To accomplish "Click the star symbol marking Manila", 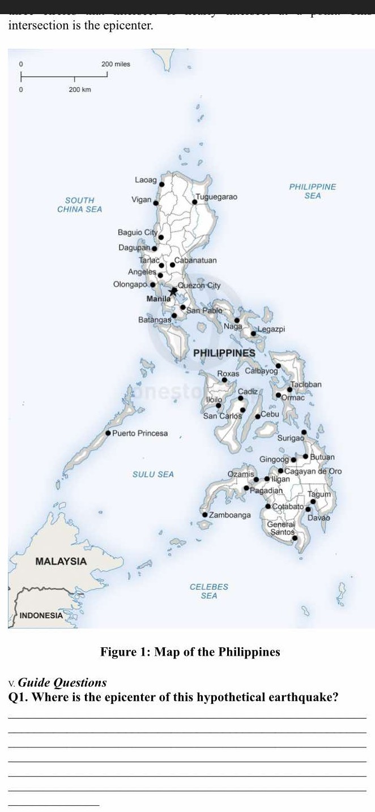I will [x=174, y=291].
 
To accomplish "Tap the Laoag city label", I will [x=146, y=180].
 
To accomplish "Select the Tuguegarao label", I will [x=216, y=196].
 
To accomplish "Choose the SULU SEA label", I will [x=153, y=474].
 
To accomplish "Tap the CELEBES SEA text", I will [x=208, y=591].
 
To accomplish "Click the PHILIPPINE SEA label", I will [x=313, y=191].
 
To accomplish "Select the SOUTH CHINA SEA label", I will [x=80, y=204].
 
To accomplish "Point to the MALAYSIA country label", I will [x=61, y=561].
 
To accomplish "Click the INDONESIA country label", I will [x=41, y=615].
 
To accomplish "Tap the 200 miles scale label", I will [x=116, y=64].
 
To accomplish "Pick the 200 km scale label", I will [x=80, y=90].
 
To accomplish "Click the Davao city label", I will [x=319, y=518].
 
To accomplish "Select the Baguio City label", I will [x=137, y=232].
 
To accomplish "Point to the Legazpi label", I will [x=271, y=329].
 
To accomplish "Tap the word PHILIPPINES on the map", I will [x=224, y=353].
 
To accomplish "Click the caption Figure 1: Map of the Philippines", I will [x=190, y=652].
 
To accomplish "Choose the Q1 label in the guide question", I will [x=17, y=697].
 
